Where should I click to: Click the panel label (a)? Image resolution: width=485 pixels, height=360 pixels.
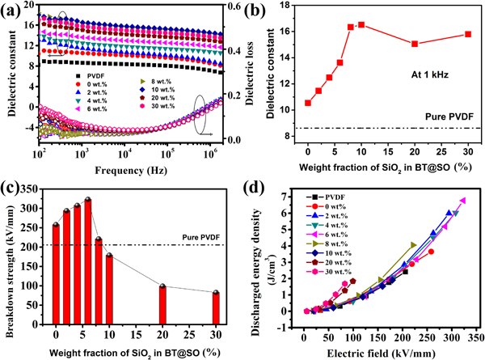click(x=14, y=11)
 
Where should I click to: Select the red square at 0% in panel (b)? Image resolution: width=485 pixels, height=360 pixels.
click(x=308, y=103)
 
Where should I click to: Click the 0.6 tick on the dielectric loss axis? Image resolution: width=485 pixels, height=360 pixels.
click(x=230, y=6)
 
